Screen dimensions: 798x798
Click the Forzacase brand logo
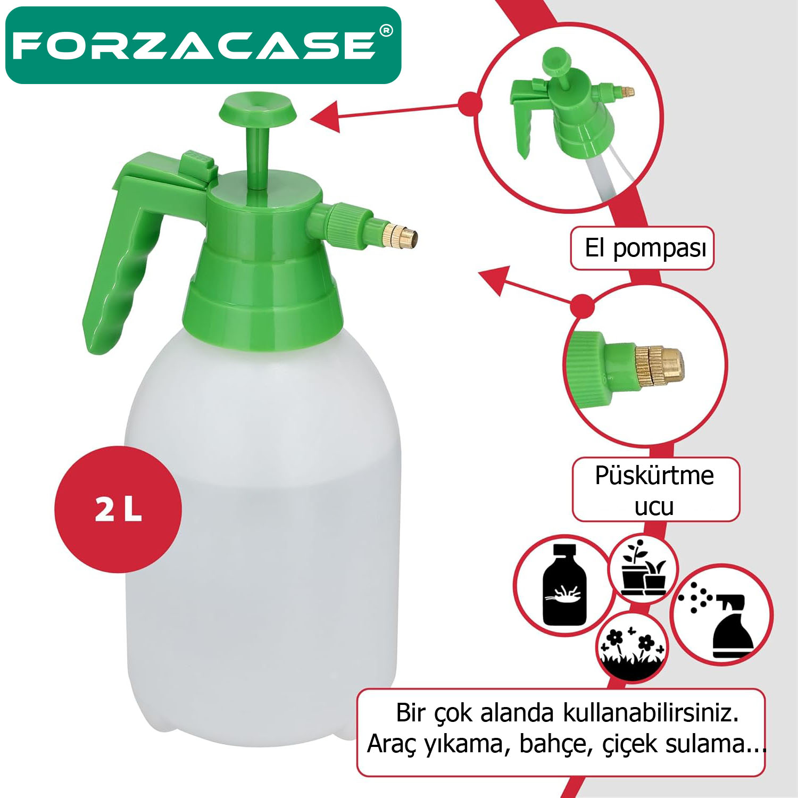(x=194, y=46)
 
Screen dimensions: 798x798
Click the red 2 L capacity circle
(x=118, y=509)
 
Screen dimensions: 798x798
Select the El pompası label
(x=642, y=248)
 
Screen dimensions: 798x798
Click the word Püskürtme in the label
(x=654, y=475)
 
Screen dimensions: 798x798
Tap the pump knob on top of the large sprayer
(x=258, y=109)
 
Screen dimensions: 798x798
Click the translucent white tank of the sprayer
(x=261, y=532)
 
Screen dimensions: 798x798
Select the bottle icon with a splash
(x=564, y=585)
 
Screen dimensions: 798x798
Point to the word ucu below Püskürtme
(x=654, y=506)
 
